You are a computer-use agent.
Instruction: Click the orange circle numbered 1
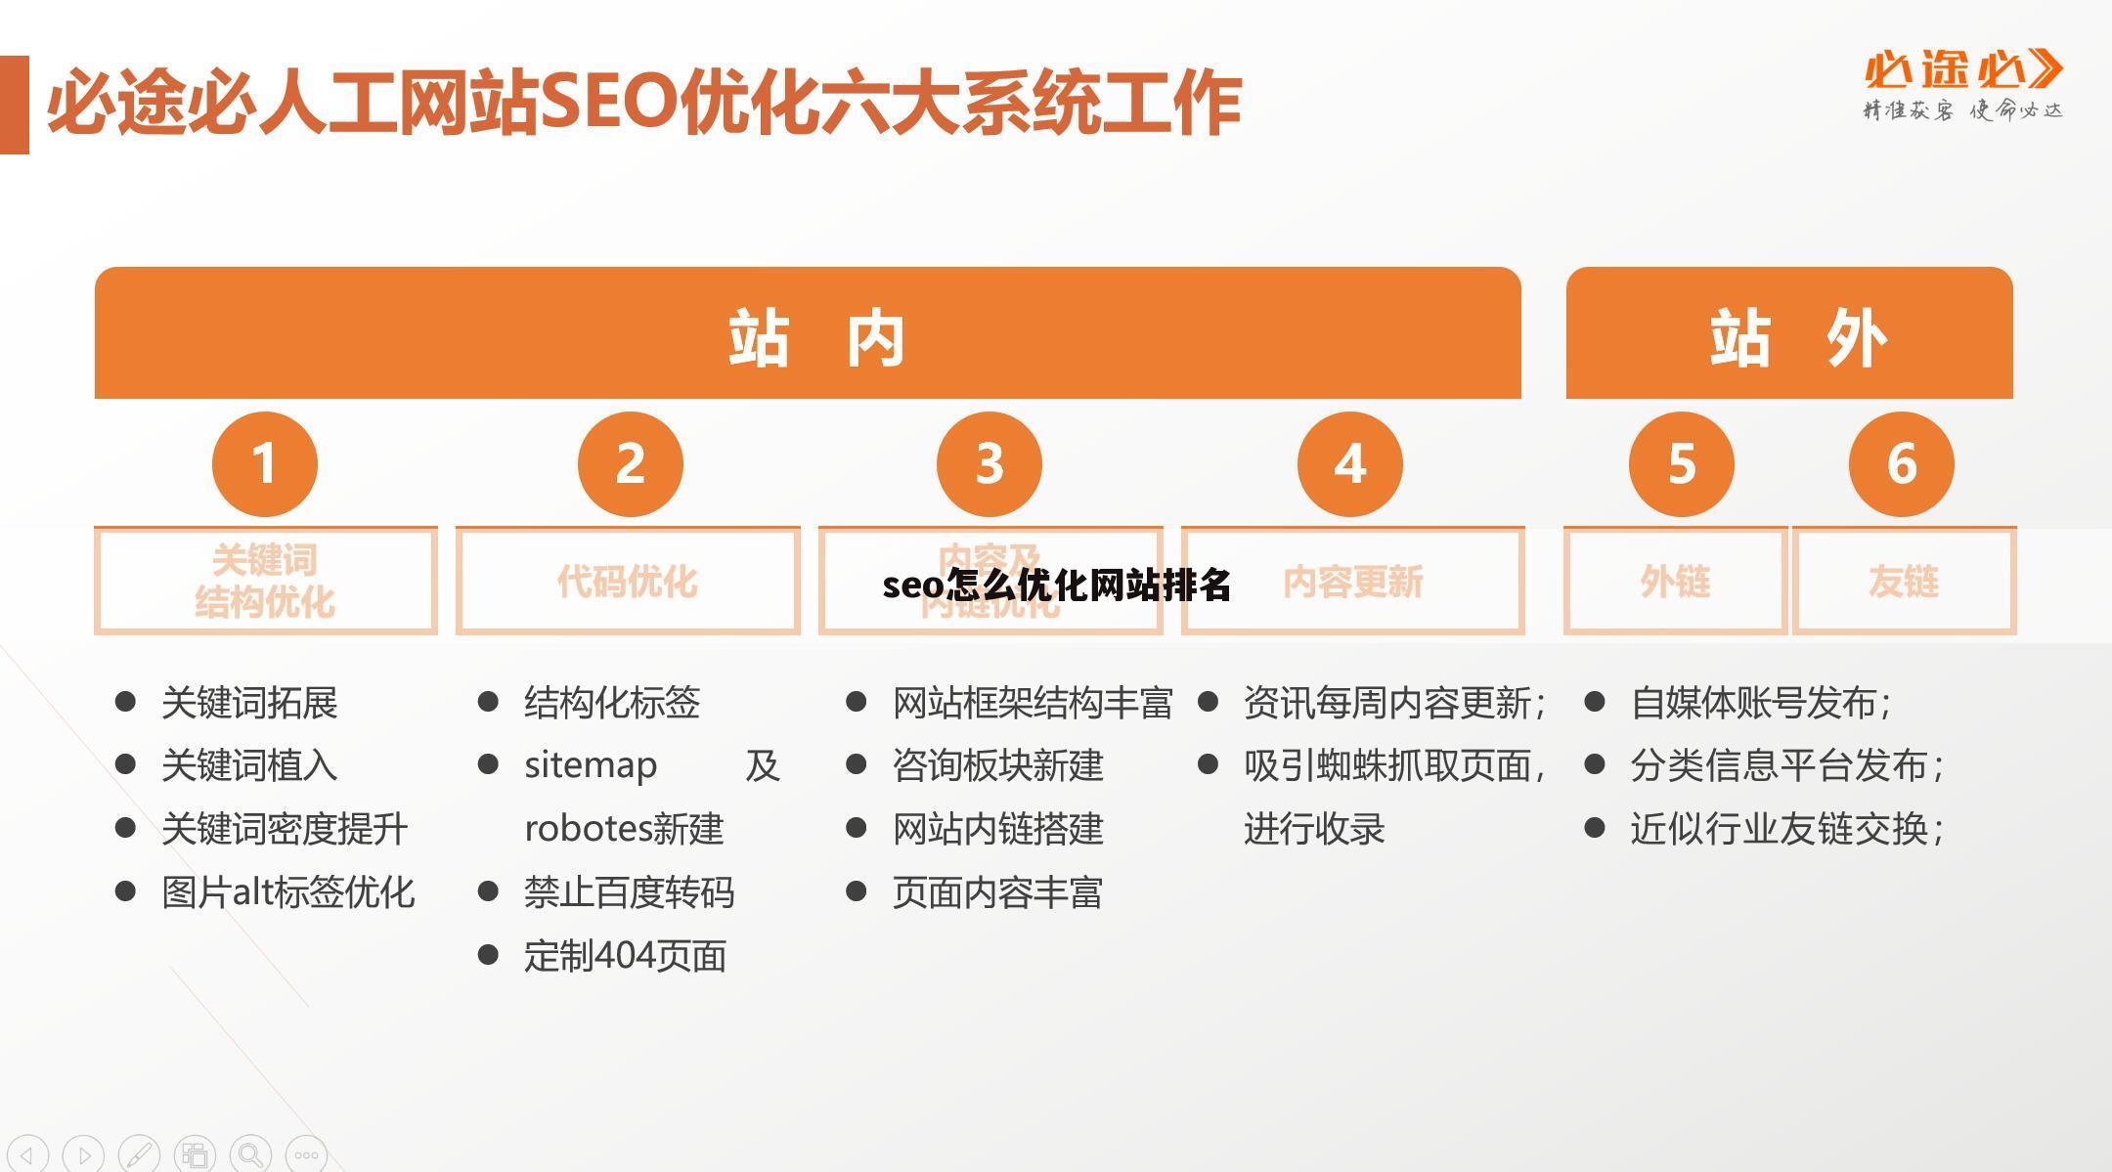pos(264,463)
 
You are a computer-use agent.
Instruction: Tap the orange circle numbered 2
pos(630,463)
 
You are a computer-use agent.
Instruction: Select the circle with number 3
pos(989,463)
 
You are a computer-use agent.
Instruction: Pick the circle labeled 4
pos(1349,463)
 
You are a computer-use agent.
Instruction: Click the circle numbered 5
pos(1681,463)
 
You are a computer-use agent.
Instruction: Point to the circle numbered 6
pos(1901,463)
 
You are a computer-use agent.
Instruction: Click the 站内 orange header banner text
pos(815,338)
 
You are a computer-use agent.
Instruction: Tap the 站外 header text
pos(1797,338)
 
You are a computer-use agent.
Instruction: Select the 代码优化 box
pos(628,582)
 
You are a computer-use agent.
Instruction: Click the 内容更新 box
pos(1353,582)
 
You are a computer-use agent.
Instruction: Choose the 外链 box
pos(1675,582)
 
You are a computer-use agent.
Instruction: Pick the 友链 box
pos(1903,582)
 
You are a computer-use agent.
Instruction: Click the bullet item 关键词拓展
pos(249,703)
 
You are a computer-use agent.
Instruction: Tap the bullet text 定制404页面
pos(625,956)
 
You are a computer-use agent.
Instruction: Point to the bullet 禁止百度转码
pos(629,892)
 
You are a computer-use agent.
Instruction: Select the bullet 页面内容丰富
pos(997,892)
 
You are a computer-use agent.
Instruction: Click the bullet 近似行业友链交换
pos(1785,829)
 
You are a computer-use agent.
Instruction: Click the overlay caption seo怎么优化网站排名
pos(1056,585)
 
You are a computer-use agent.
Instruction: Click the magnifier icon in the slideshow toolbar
pos(251,1154)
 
